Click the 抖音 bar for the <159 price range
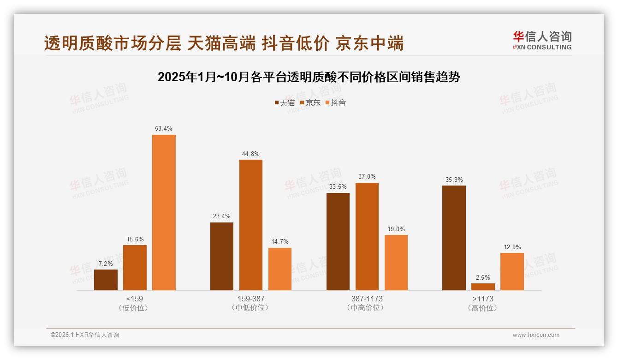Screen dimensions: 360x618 click(x=164, y=212)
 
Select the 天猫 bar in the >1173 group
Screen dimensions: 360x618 click(x=454, y=238)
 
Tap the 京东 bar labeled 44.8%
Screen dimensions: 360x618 click(x=250, y=225)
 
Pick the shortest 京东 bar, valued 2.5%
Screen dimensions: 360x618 click(x=483, y=287)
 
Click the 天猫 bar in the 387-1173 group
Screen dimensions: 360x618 click(x=338, y=241)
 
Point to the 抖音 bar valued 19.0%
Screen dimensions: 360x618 click(x=396, y=262)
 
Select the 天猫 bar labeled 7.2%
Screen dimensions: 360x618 click(x=106, y=280)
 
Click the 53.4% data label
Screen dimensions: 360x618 click(x=164, y=128)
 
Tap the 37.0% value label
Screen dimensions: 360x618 click(x=367, y=176)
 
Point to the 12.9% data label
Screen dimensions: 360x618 click(x=512, y=247)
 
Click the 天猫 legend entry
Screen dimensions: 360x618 click(x=285, y=102)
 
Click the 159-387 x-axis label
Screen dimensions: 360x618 click(x=251, y=299)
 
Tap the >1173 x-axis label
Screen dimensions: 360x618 click(x=483, y=299)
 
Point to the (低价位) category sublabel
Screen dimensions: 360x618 click(x=134, y=308)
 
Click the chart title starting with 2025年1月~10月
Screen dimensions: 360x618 click(x=309, y=77)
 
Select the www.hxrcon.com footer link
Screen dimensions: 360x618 click(x=536, y=335)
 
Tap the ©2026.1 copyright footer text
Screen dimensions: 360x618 click(x=85, y=335)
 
